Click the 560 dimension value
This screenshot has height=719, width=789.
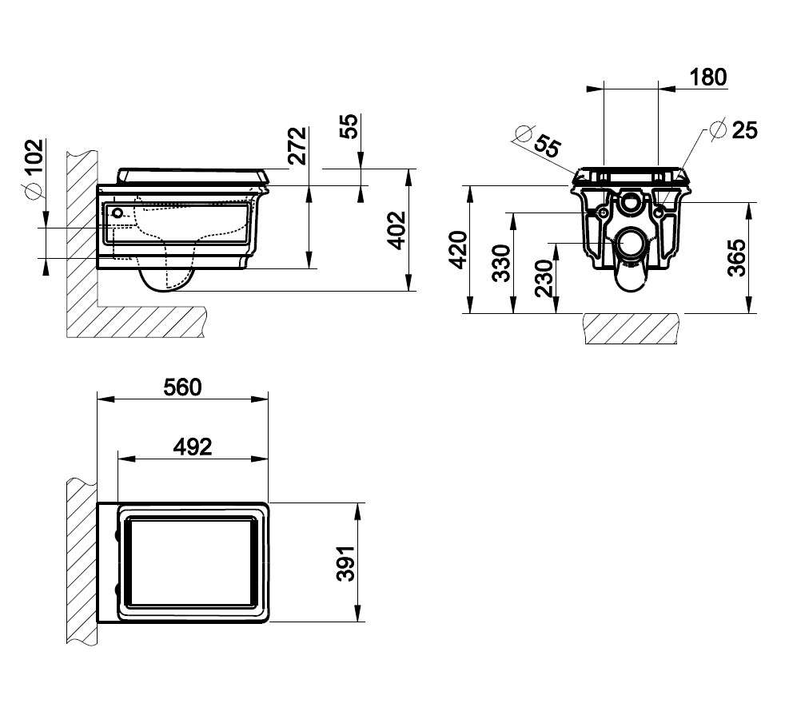point(182,387)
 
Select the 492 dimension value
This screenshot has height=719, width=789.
point(193,447)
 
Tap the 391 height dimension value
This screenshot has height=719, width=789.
point(345,563)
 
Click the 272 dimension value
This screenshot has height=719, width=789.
point(297,146)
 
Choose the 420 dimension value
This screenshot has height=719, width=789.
point(458,250)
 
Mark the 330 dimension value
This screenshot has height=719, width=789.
point(501,263)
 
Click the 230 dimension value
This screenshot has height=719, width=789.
point(544,279)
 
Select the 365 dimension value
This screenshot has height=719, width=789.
point(737,258)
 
